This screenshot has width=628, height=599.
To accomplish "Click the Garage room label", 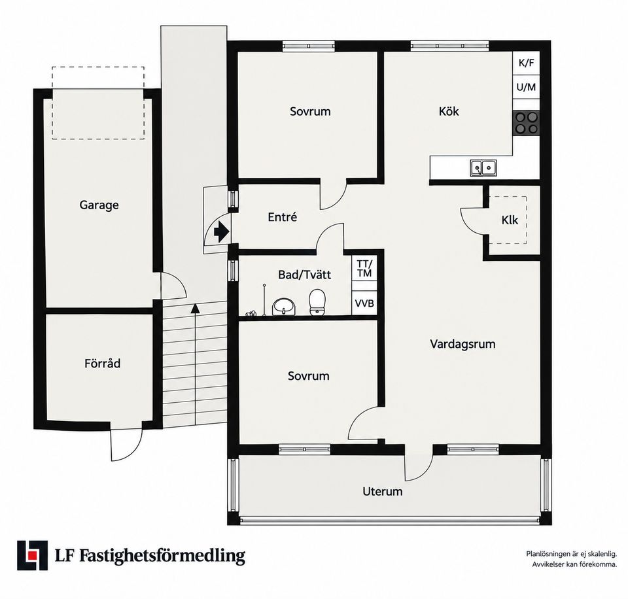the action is point(99,205).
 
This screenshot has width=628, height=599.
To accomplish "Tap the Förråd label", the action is point(102,363).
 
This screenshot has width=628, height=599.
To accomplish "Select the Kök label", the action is point(449,111).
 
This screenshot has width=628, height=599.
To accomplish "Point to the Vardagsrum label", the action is point(462,344).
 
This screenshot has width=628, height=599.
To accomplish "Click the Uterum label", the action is point(383,491).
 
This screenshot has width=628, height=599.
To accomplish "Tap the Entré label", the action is point(283,217).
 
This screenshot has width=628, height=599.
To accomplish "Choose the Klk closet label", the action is point(510,220).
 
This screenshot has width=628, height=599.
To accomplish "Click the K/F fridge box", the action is point(526,63).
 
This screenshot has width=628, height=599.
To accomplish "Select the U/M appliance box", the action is point(526,87).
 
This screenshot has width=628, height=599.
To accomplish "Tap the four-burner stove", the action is point(526,122).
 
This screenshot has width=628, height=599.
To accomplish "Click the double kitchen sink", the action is point(483,167).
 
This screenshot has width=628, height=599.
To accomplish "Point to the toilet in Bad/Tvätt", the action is point(317,302).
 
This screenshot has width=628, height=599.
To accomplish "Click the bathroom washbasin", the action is point(284,307).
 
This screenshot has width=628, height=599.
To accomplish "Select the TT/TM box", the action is point(364,269).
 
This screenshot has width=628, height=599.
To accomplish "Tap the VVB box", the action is point(364,303).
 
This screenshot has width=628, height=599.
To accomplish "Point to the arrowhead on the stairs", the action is point(195,308).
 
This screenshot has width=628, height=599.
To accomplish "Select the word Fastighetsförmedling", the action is point(162,556).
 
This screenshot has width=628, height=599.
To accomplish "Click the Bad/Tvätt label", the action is point(304,275).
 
